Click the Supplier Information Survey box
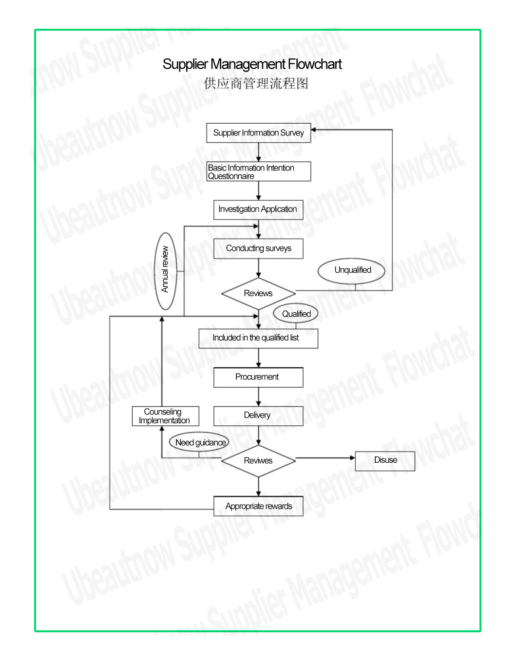[x=258, y=133]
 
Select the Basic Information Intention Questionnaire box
[x=258, y=171]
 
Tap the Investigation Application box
[x=258, y=209]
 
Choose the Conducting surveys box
[x=258, y=248]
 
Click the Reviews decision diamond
[x=258, y=293]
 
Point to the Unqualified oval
[x=351, y=270]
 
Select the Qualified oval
[x=296, y=314]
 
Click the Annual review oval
[x=165, y=271]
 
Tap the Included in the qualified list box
[x=258, y=339]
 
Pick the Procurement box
[x=258, y=378]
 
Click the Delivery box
[x=258, y=416]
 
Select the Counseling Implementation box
[x=165, y=416]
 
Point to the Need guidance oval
[x=199, y=442]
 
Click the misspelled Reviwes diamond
[x=258, y=461]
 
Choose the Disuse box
[x=385, y=461]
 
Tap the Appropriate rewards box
[x=258, y=506]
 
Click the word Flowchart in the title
[x=315, y=64]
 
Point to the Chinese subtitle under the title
[x=256, y=83]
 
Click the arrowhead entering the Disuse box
[x=353, y=457]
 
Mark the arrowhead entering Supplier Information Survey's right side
[x=313, y=130]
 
